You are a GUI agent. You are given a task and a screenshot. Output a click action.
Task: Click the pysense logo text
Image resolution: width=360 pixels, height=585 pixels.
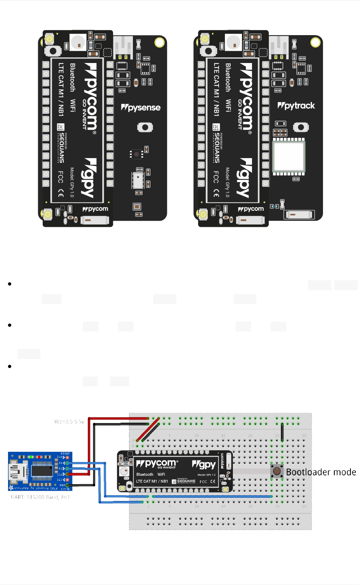point(141,108)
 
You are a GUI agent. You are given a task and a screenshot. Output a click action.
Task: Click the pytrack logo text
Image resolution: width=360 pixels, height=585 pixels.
point(296,106)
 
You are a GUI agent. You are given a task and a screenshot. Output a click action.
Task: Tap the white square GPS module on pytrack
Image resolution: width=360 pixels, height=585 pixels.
point(289,156)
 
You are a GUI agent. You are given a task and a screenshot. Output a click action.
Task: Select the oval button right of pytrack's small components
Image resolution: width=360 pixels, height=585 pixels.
point(301,127)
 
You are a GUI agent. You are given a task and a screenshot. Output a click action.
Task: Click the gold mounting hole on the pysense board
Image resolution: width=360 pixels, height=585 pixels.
point(159,42)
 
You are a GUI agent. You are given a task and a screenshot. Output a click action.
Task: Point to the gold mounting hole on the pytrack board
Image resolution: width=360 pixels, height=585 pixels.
point(315,42)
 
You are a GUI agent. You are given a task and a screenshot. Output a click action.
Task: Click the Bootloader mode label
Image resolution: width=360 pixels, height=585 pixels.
point(321,472)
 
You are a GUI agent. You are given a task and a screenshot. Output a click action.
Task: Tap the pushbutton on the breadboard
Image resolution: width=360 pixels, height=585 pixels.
point(277,471)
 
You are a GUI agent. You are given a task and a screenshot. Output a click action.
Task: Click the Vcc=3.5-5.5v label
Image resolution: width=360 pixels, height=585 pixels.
point(69,422)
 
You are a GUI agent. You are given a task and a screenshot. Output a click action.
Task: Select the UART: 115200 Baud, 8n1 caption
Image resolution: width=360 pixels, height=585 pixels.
point(40,497)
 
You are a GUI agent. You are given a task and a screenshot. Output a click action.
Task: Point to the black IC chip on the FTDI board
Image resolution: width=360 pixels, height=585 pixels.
point(42,470)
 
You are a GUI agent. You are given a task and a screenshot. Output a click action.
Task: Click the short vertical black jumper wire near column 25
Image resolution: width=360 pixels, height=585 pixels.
point(282,432)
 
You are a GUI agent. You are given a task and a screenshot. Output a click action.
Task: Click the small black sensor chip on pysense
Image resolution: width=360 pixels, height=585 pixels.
point(136,154)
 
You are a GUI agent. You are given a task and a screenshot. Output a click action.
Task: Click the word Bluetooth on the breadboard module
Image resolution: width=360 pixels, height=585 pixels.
point(145,475)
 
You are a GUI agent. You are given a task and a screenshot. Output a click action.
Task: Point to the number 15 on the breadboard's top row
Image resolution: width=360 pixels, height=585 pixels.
point(223,436)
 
